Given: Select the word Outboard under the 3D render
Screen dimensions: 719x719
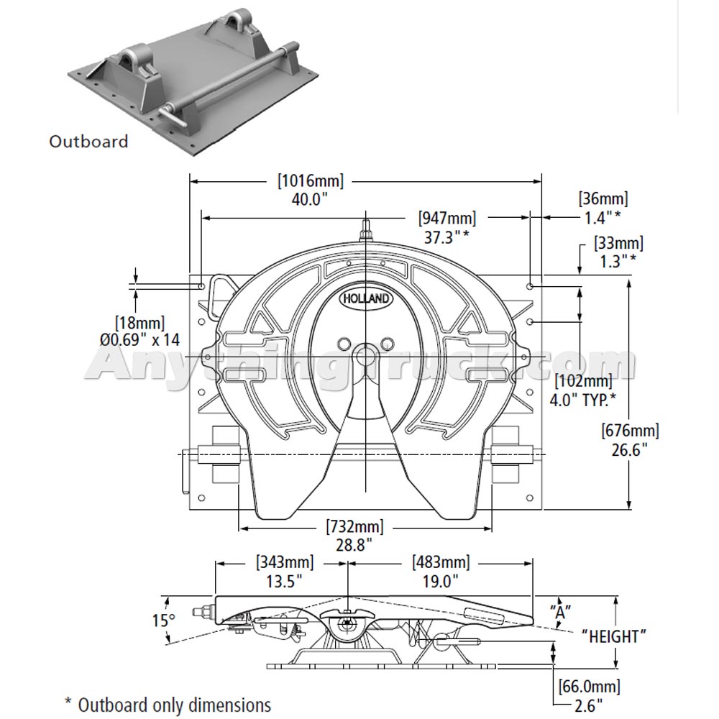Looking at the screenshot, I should [x=88, y=141].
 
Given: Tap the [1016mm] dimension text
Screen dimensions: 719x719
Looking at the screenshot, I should [x=311, y=181].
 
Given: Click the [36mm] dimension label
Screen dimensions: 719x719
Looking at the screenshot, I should [x=603, y=198].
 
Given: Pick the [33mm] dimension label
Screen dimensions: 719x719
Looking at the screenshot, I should [x=618, y=244].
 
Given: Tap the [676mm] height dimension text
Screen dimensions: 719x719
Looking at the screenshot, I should [x=630, y=431].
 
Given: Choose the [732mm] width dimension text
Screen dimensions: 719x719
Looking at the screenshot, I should [x=354, y=526].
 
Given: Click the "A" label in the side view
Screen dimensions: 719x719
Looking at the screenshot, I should [x=560, y=612].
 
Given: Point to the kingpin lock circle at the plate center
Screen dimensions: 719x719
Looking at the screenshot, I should [x=366, y=355].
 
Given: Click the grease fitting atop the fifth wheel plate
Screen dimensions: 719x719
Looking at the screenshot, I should [x=366, y=232].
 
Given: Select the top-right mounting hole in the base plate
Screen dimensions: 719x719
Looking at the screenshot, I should [x=530, y=286].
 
